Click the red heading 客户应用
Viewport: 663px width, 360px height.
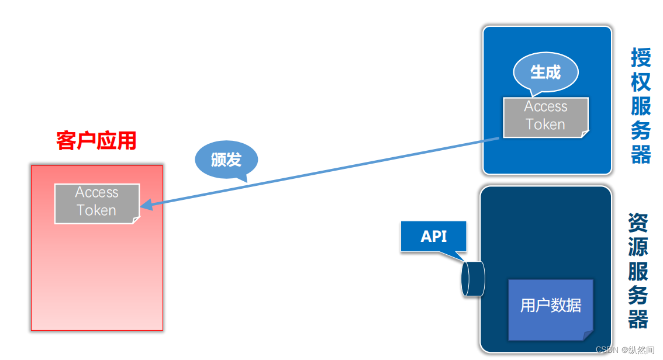[x=96, y=141]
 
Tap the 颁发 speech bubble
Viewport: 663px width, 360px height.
[x=226, y=159]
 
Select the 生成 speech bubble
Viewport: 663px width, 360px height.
[x=545, y=72]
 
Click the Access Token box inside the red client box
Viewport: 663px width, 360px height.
[x=97, y=203]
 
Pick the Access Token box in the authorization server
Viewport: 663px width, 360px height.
[x=545, y=117]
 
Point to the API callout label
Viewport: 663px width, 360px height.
[x=433, y=236]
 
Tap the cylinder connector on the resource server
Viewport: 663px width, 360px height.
[x=472, y=279]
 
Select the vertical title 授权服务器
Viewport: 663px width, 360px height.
[x=641, y=106]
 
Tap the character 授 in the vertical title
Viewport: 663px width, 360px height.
[x=641, y=58]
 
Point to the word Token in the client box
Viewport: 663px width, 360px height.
[x=97, y=210]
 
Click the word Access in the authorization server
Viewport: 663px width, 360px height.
[x=545, y=107]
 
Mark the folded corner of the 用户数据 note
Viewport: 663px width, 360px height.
[x=588, y=335]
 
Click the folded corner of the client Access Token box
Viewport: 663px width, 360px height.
[x=136, y=220]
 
